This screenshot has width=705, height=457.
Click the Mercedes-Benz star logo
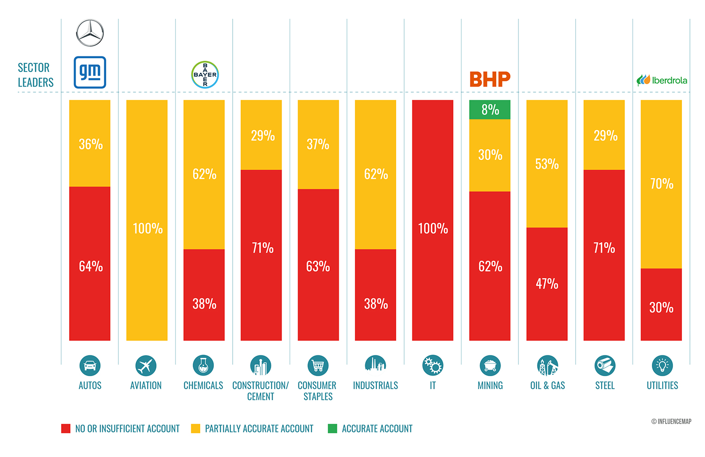tap(90, 33)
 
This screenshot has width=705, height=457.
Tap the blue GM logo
tap(90, 72)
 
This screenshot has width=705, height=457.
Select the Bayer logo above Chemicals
tap(205, 75)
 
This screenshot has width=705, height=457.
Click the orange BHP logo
tap(490, 79)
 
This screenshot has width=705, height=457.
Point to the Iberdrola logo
tap(662, 80)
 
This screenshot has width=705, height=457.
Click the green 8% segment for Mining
tap(490, 110)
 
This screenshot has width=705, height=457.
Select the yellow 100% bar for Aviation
tap(147, 220)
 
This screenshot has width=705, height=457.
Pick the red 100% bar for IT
tap(432, 220)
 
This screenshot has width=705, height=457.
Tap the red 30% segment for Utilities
tap(661, 305)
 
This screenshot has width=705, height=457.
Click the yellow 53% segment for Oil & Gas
tap(547, 164)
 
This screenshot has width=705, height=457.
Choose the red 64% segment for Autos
tap(90, 263)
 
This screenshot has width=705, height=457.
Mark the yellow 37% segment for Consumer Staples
tap(318, 144)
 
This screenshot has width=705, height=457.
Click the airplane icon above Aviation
tap(146, 365)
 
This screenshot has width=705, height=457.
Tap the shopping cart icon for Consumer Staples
tap(318, 365)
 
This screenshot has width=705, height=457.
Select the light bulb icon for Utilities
tap(662, 365)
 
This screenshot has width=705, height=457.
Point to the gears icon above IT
tap(432, 365)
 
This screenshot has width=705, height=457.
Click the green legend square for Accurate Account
tap(332, 428)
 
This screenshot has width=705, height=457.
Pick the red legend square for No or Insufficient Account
tap(66, 428)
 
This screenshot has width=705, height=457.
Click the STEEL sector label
tap(604, 386)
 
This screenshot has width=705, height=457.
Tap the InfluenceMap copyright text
tap(671, 421)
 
